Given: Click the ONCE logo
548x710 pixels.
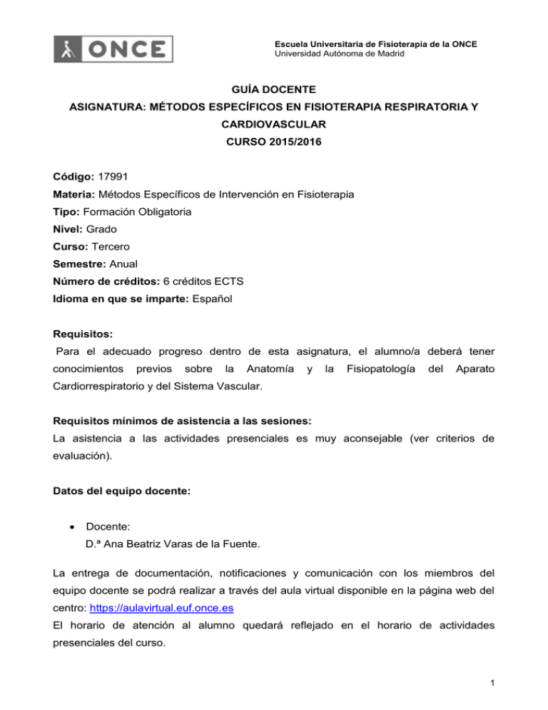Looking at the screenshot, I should (114, 49).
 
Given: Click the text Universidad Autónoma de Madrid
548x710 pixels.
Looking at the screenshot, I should (336, 55).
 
